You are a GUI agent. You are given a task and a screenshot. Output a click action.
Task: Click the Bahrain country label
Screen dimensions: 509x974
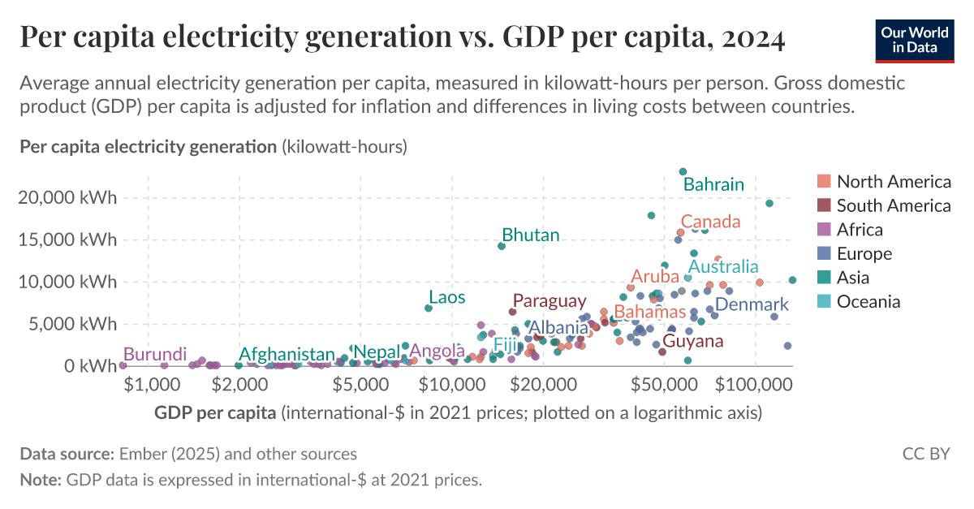click(x=713, y=184)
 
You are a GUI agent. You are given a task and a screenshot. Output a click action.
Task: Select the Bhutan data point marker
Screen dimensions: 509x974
click(x=502, y=246)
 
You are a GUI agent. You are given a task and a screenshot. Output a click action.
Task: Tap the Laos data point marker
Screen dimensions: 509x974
click(x=429, y=308)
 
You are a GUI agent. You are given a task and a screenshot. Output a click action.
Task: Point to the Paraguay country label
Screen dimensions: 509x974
click(x=549, y=301)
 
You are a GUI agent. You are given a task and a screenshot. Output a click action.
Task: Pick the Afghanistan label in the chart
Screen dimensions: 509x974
click(x=287, y=354)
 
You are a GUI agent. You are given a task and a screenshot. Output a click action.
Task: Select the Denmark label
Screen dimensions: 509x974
click(x=752, y=304)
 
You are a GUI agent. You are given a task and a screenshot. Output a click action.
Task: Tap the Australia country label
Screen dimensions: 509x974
click(x=723, y=266)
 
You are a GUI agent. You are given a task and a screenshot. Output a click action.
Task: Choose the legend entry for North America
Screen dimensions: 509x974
click(x=894, y=181)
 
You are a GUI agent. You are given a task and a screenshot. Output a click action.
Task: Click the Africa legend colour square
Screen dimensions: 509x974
click(x=824, y=230)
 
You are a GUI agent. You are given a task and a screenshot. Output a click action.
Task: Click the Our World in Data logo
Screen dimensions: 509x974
click(x=915, y=38)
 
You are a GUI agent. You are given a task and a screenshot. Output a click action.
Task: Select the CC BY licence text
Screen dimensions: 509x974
click(x=925, y=454)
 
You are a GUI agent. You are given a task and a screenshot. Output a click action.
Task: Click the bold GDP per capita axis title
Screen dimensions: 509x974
click(x=215, y=412)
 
